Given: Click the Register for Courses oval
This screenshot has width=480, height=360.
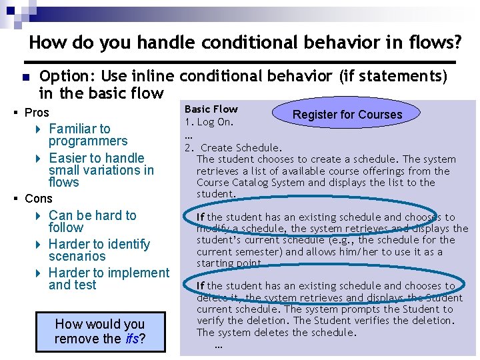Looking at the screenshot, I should click(x=347, y=114).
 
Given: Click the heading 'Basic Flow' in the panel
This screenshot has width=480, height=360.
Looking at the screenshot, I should click(x=211, y=109).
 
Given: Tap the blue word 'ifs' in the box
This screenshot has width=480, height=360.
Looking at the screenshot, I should click(x=131, y=339).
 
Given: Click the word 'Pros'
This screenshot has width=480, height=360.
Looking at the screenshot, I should click(x=37, y=113).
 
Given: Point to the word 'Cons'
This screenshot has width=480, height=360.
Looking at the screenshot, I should click(x=38, y=199).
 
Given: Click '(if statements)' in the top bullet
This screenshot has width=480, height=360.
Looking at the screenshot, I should click(x=393, y=77).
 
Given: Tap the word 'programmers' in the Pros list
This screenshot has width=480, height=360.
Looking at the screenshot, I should click(x=88, y=141).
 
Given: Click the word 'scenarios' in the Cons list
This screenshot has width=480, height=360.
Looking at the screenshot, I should click(x=77, y=257).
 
